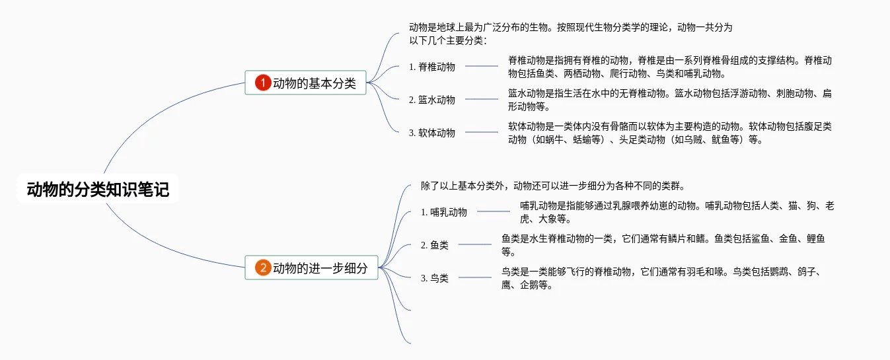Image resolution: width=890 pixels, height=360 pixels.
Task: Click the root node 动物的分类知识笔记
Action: tap(98, 190)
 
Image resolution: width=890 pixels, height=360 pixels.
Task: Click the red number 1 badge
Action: tap(263, 83)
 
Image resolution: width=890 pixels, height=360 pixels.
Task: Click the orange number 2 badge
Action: tap(263, 268)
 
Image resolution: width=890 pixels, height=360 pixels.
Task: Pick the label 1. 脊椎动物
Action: tap(432, 66)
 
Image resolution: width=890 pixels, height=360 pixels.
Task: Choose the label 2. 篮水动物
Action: tap(432, 100)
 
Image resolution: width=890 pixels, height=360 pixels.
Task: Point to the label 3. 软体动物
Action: tap(432, 132)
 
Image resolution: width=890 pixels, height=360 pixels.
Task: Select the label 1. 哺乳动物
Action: tap(444, 212)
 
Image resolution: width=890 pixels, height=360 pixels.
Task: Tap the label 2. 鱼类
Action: tap(435, 245)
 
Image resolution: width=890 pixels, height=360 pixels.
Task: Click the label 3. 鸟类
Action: tap(435, 278)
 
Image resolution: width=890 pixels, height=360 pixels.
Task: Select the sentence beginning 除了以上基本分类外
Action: tap(556, 186)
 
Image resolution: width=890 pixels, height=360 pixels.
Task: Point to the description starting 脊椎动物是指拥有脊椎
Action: tap(669, 67)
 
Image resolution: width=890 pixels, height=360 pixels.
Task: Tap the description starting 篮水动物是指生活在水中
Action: tap(669, 100)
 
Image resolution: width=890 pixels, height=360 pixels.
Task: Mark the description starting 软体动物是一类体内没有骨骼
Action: tap(669, 133)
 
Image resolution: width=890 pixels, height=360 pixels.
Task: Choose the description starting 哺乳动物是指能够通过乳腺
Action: tap(677, 212)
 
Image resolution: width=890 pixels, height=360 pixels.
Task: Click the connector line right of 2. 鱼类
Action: tap(475, 244)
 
